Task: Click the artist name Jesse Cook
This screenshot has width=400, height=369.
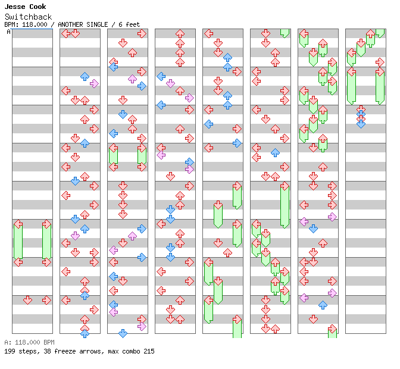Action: click(x=25, y=7)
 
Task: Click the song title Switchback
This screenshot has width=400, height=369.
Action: click(x=28, y=17)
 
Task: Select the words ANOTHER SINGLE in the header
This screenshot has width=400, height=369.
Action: click(x=83, y=24)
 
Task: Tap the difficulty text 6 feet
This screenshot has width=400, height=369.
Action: click(x=129, y=24)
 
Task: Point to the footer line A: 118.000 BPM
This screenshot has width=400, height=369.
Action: click(x=29, y=342)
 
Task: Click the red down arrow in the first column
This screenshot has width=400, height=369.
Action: click(x=27, y=300)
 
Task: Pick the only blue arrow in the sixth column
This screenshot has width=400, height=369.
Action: click(x=275, y=152)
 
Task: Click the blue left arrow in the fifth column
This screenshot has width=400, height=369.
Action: click(x=208, y=124)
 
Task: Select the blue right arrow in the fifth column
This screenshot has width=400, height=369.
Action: click(x=237, y=143)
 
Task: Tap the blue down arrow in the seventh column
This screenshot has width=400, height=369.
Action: click(x=313, y=229)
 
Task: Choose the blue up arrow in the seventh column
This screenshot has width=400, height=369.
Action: click(x=323, y=305)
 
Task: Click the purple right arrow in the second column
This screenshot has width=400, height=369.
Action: click(x=94, y=83)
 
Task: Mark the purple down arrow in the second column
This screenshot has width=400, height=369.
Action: click(x=75, y=236)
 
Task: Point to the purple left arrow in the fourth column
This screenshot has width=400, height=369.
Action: click(x=161, y=155)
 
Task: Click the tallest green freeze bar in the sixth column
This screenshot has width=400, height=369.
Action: click(x=285, y=205)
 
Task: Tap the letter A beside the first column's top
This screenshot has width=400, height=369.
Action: click(x=9, y=32)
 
